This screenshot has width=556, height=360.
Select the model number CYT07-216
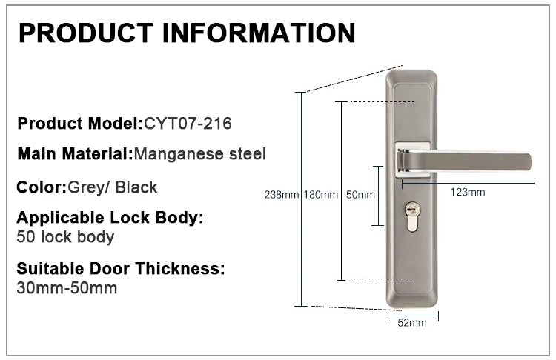pos(188,123)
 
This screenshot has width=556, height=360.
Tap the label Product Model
pos(79,123)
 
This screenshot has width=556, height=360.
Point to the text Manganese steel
pos(199,154)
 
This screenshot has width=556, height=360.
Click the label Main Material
pos(73,154)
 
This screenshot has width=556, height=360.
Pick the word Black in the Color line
pos(137,187)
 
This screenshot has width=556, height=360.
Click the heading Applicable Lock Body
pos(109,219)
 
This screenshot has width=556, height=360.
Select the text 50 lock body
pos(65,237)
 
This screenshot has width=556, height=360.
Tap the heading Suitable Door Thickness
pos(120,268)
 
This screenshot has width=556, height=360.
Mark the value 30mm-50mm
pos(67,287)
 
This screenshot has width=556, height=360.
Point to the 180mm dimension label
pos(320,195)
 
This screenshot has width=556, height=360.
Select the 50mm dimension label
pos(361,195)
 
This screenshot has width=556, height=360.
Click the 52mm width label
pos(413,324)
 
